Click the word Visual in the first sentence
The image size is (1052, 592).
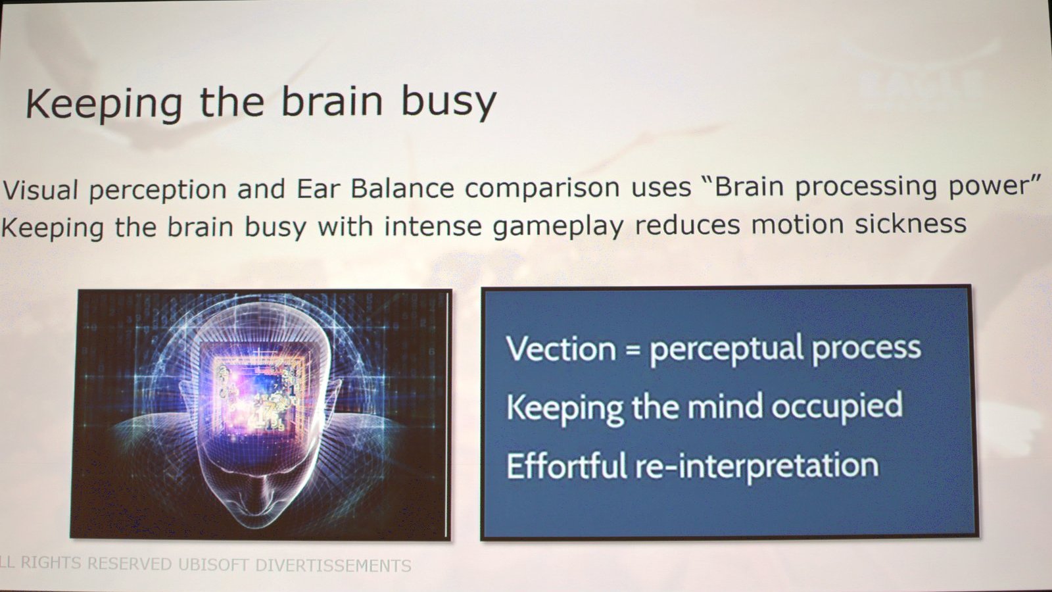tap(40, 190)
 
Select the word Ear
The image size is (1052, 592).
tap(319, 188)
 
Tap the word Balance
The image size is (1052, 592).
tap(402, 187)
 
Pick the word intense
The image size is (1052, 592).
tap(433, 226)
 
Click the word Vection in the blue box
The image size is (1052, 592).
tap(561, 349)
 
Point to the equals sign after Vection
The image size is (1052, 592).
tap(633, 351)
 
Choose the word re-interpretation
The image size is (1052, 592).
tap(757, 466)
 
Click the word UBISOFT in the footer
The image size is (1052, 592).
tap(213, 564)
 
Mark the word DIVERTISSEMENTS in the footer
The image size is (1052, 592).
tap(333, 565)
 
